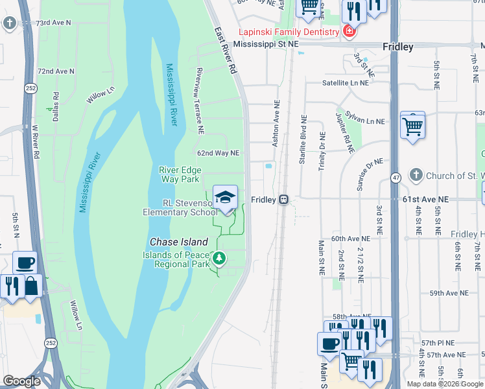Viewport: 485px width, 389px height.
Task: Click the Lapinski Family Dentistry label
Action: (289, 32)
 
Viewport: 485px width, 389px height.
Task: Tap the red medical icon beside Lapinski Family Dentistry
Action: (349, 32)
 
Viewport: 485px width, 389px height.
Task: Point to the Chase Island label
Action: (179, 241)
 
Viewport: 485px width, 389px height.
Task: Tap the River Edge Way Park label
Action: (180, 174)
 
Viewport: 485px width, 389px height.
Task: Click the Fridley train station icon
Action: (283, 200)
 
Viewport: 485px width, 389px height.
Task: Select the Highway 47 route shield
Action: (395, 176)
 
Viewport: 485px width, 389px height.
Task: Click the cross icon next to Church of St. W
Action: (416, 176)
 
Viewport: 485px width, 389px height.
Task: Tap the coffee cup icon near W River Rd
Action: (25, 263)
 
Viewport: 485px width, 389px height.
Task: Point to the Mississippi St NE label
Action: (266, 44)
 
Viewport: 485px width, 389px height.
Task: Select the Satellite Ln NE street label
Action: (346, 83)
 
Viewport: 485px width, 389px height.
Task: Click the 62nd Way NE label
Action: (219, 153)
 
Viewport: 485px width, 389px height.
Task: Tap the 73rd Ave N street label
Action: (53, 22)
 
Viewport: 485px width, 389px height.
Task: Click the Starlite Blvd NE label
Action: (303, 139)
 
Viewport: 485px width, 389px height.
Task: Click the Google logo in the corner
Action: (22, 381)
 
